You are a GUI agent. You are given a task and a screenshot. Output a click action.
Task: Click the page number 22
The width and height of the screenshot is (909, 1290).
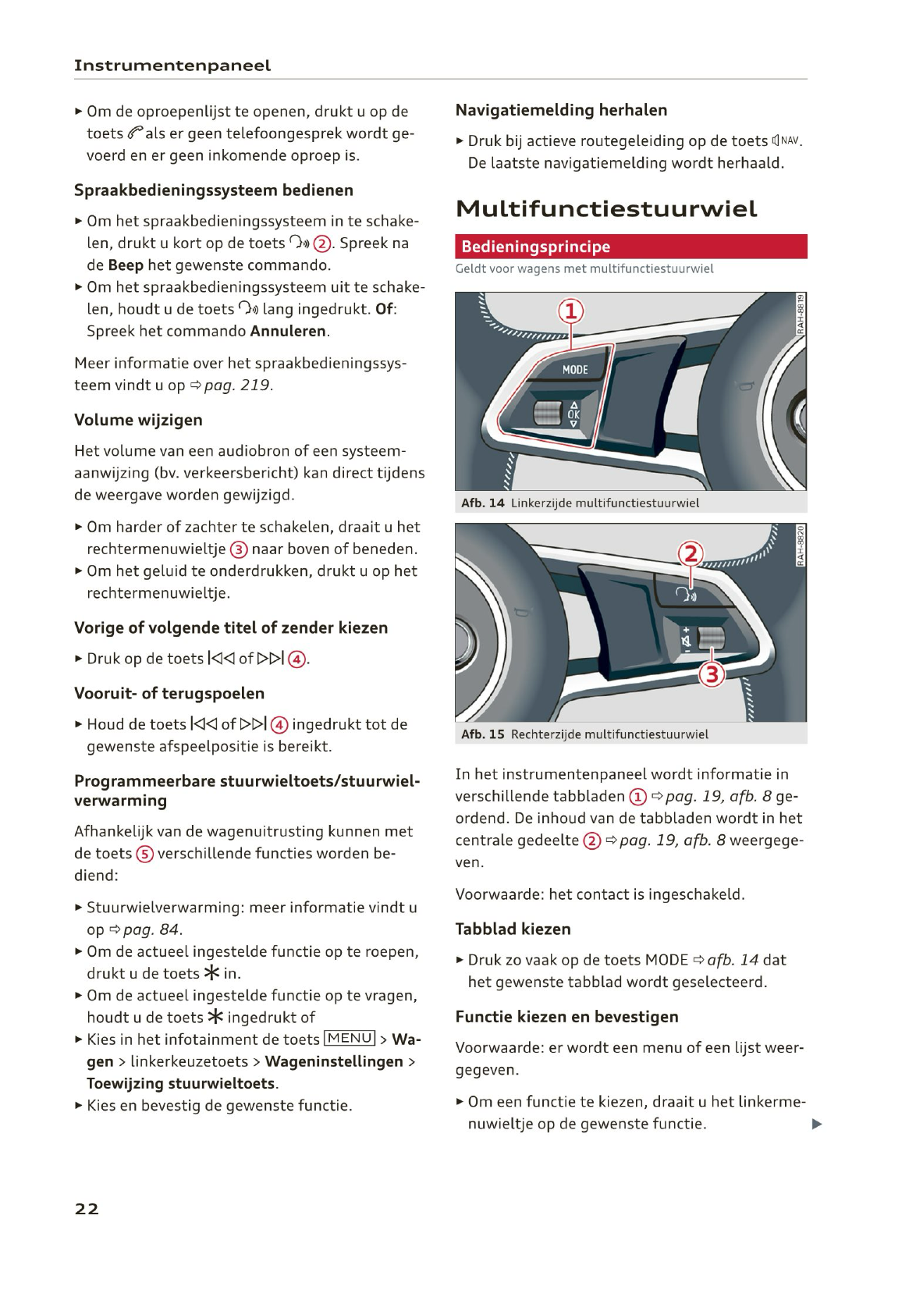(x=87, y=1209)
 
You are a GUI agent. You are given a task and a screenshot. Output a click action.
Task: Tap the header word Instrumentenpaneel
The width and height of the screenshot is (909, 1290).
(x=172, y=66)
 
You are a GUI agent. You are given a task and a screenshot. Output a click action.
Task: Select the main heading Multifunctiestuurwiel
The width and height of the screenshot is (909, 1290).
(x=606, y=209)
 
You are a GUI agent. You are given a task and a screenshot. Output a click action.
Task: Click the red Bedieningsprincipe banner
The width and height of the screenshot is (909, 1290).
(x=630, y=247)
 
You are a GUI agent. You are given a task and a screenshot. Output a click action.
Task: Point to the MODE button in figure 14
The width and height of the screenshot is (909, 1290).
(x=575, y=369)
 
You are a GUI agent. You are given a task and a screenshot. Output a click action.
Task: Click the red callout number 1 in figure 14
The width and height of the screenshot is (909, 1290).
(x=570, y=311)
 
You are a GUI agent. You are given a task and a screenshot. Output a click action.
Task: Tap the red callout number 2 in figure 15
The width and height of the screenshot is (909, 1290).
(x=690, y=555)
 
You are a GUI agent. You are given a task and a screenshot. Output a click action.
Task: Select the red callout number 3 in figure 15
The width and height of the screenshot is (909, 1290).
(x=711, y=673)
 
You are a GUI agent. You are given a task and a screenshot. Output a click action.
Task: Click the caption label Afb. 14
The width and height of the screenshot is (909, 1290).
(x=483, y=503)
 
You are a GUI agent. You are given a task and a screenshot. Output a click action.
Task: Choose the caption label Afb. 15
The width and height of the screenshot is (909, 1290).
(x=483, y=734)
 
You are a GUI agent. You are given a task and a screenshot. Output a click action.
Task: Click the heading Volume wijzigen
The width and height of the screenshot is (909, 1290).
(x=138, y=420)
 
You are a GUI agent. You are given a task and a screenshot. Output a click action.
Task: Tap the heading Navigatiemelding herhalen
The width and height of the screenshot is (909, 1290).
(x=561, y=110)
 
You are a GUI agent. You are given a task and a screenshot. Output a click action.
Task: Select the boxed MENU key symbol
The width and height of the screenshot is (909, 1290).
(x=350, y=1039)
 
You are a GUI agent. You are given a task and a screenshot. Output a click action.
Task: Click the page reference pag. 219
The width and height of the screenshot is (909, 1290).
(x=237, y=386)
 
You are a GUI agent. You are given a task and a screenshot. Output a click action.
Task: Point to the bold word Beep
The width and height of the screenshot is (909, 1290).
(x=126, y=265)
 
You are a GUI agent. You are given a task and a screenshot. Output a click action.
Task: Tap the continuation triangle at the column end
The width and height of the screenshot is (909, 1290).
(x=817, y=1125)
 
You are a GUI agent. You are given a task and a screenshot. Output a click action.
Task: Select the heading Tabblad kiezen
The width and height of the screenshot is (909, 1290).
(x=513, y=929)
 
